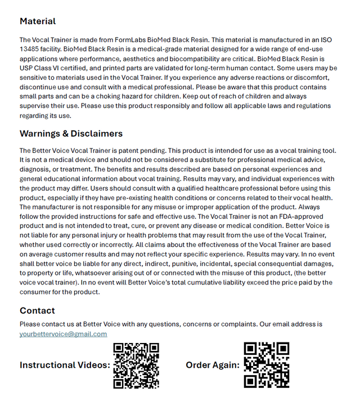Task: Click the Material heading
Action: (38, 21)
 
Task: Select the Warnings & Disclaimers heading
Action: (71, 134)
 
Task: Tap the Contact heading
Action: (37, 310)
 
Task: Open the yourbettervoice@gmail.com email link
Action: (63, 334)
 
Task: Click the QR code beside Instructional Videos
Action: (136, 365)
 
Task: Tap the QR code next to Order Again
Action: (266, 365)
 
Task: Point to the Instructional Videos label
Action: (65, 365)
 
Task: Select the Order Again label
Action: (213, 365)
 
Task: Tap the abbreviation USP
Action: (27, 68)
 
